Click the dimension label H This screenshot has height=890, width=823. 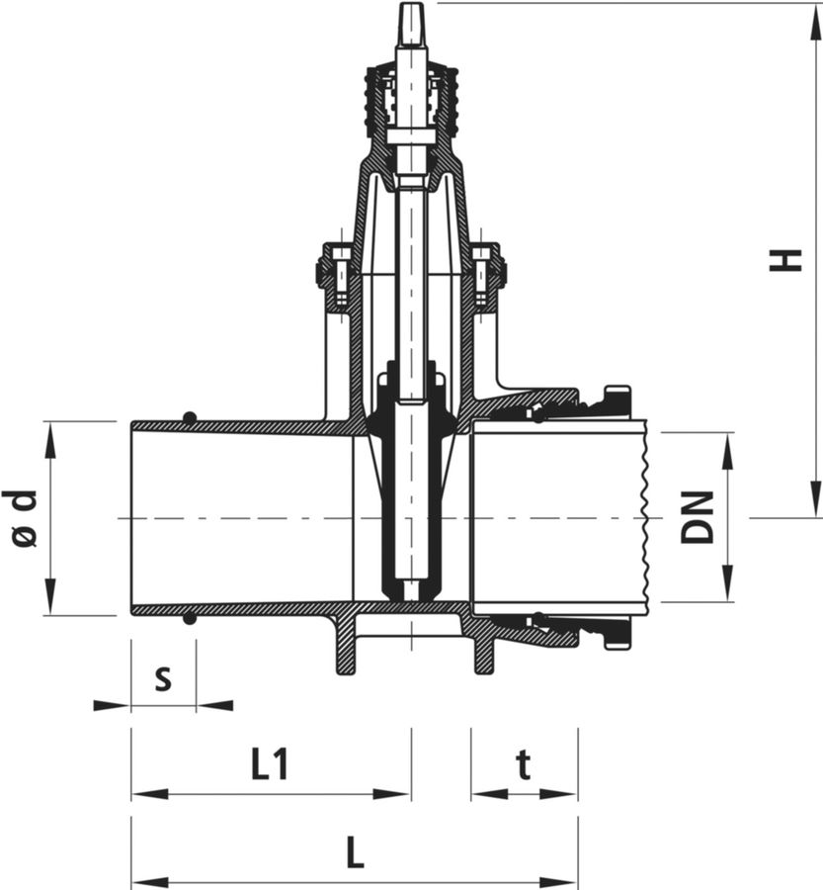pyautogui.click(x=785, y=260)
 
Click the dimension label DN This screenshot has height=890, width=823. pyautogui.click(x=698, y=517)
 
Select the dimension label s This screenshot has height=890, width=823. pyautogui.click(x=163, y=678)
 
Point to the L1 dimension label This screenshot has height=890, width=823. pyautogui.click(x=270, y=764)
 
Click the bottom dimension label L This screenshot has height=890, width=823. pyautogui.click(x=355, y=853)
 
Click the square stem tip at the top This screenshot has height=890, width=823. pyautogui.click(x=411, y=26)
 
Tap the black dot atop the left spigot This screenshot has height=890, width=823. pyautogui.click(x=190, y=418)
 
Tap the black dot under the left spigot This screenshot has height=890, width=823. pyautogui.click(x=190, y=619)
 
